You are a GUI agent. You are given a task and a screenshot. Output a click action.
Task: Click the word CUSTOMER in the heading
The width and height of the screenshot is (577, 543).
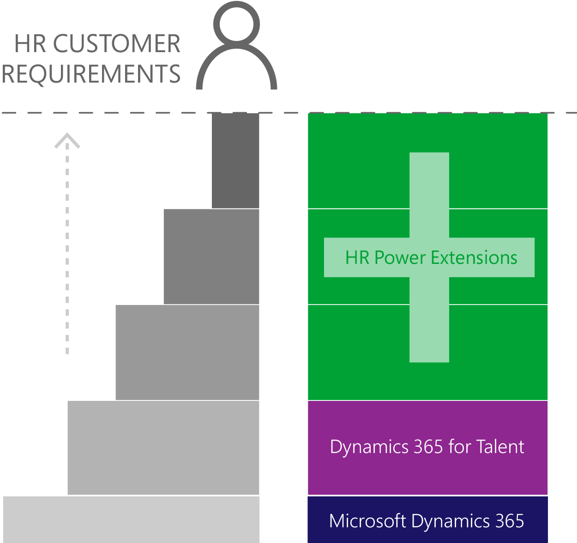tap(116, 43)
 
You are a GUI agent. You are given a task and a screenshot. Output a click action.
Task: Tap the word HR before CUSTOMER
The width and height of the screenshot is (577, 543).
tap(30, 43)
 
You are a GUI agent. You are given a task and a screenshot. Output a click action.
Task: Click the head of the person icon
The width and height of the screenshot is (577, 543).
tap(236, 24)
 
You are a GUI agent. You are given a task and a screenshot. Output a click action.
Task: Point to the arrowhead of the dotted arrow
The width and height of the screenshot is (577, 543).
tap(67, 140)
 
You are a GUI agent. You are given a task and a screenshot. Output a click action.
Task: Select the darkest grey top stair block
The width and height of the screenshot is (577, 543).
tap(235, 161)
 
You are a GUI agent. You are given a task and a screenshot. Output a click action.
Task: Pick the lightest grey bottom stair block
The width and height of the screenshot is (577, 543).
tap(131, 519)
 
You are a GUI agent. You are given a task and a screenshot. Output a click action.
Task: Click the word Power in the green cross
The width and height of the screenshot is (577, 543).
tap(400, 258)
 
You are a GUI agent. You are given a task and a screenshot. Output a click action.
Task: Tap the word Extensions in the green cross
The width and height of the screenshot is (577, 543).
tap(474, 257)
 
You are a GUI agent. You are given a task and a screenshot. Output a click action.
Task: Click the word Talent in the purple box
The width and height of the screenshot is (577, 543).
tap(500, 447)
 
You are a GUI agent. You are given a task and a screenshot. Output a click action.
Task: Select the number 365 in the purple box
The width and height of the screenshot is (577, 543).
tap(428, 447)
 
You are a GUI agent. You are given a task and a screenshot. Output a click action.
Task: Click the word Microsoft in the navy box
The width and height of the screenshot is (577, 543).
tap(367, 521)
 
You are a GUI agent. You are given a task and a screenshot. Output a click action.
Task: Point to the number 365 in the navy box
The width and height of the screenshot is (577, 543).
tap(510, 521)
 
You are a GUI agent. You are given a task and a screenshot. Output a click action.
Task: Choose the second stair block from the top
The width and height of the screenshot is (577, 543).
tap(211, 257)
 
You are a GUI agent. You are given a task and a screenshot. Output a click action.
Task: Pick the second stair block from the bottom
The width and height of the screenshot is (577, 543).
tap(163, 448)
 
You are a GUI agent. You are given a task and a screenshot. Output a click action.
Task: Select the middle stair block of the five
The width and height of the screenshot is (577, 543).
tap(187, 352)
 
